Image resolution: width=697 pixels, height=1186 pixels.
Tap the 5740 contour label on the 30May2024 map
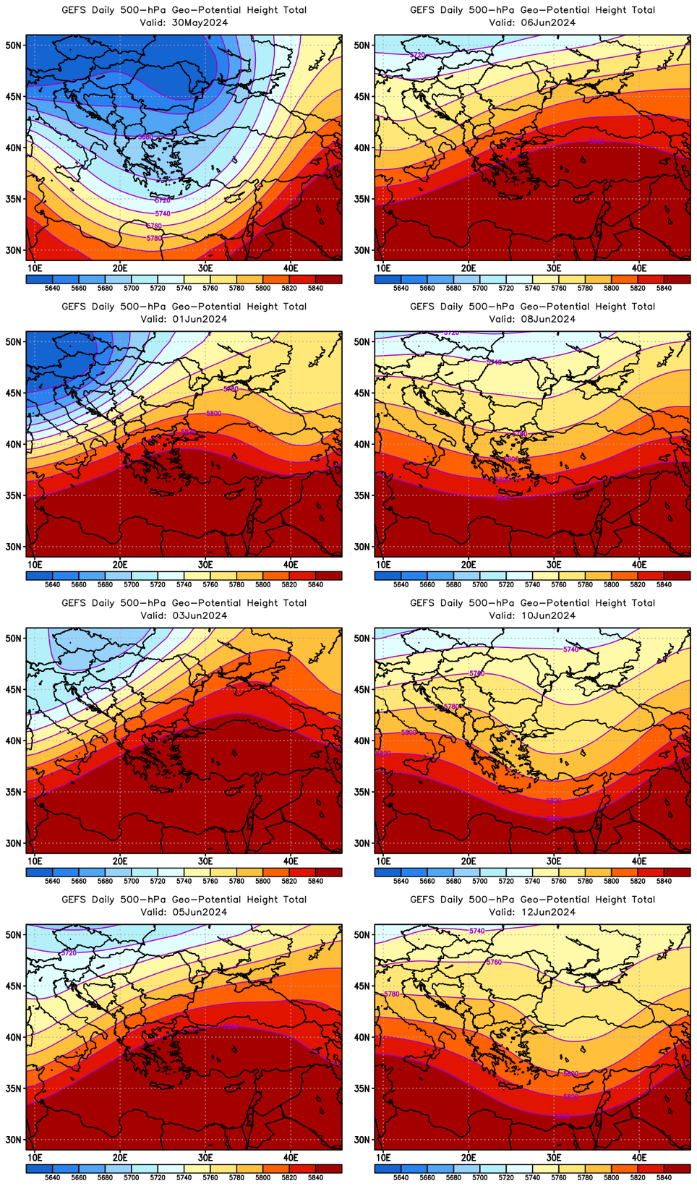pyautogui.click(x=163, y=213)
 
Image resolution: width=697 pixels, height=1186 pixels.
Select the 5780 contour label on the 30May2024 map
pyautogui.click(x=154, y=238)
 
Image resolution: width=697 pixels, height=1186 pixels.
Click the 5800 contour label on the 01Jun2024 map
pyautogui.click(x=213, y=414)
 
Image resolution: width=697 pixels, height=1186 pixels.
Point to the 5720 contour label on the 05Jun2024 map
pyautogui.click(x=69, y=953)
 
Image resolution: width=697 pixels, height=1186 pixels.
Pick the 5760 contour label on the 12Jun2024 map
pyautogui.click(x=494, y=962)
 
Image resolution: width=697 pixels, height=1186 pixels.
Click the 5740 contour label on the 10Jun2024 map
pyautogui.click(x=570, y=649)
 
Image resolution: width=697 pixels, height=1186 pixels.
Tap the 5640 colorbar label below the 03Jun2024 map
pyautogui.click(x=52, y=882)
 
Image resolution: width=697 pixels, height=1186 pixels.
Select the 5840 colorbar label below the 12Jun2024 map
pyautogui.click(x=664, y=1178)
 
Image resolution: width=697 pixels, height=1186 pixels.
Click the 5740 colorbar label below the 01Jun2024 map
pyautogui.click(x=184, y=584)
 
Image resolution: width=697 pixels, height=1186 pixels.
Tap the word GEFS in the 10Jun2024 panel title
pyautogui.click(x=422, y=603)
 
